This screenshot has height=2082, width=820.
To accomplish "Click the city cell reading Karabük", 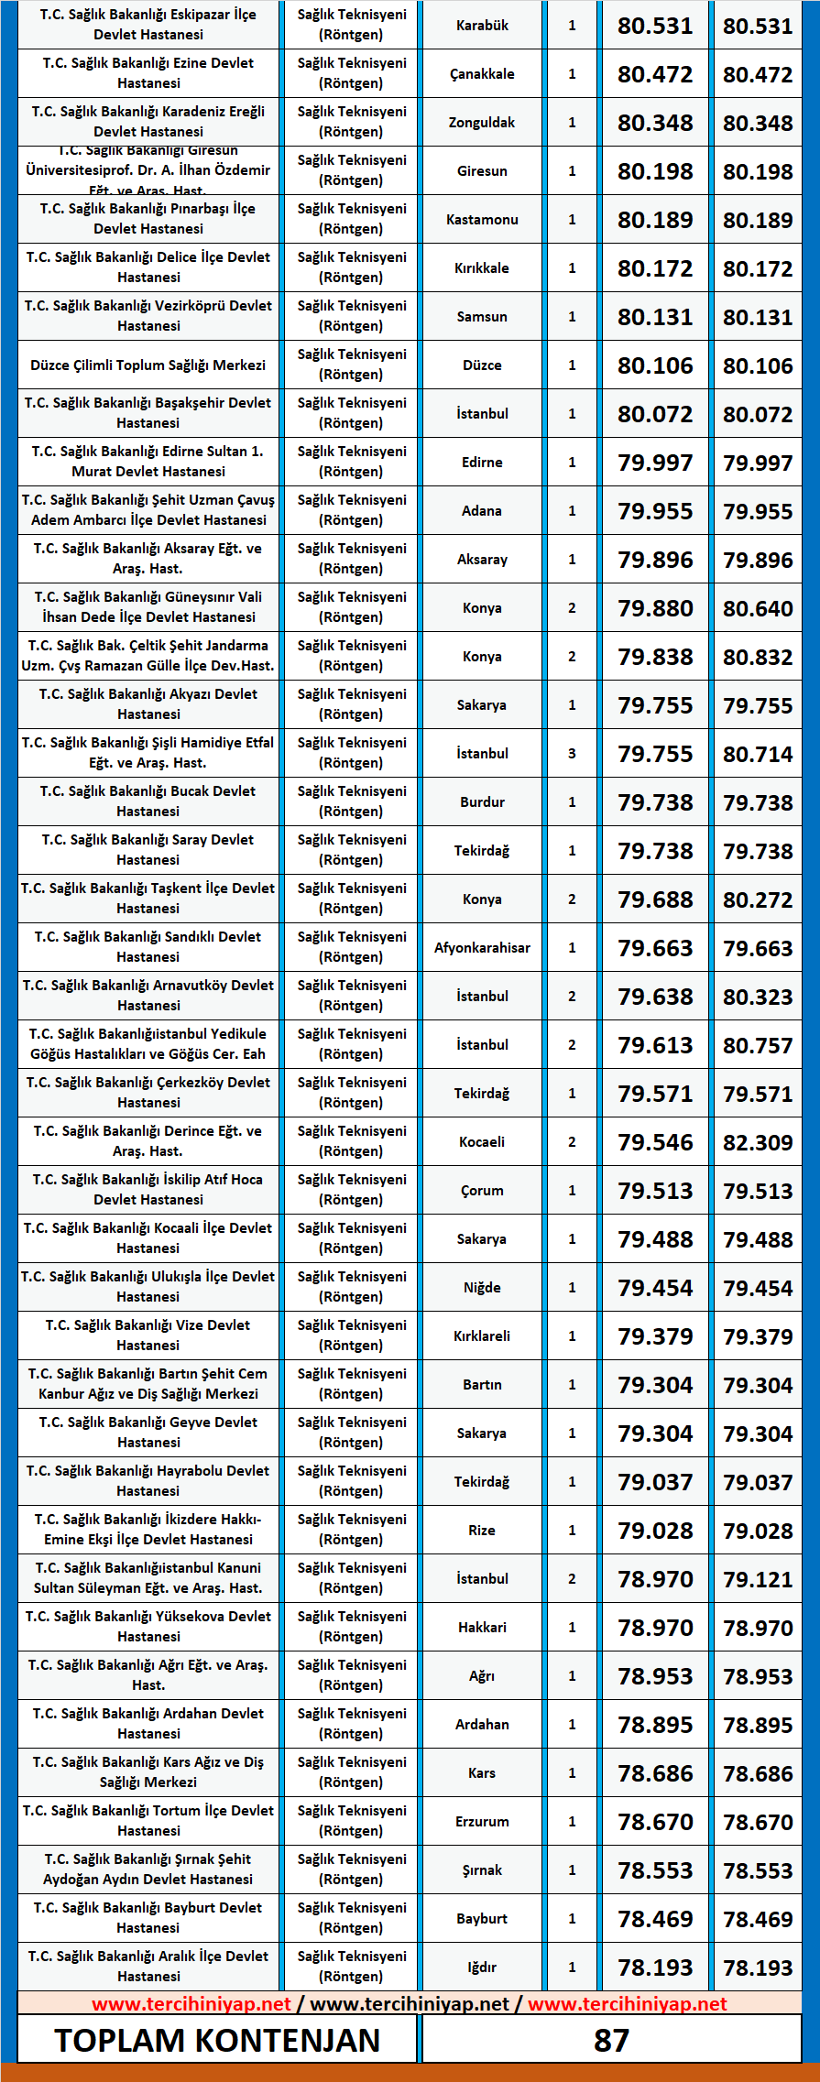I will (x=482, y=26).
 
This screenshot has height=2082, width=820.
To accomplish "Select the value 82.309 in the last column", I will (x=758, y=1142).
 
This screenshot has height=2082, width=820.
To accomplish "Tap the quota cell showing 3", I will (x=572, y=754).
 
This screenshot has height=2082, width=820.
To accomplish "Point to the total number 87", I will (x=611, y=2040).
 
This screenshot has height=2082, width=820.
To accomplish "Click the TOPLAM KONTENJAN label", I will (x=217, y=2040).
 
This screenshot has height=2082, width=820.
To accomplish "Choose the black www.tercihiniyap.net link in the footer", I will (x=409, y=2003).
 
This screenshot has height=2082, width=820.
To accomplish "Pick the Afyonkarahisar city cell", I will (x=482, y=948).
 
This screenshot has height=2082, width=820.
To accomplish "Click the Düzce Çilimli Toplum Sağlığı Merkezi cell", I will (x=148, y=365).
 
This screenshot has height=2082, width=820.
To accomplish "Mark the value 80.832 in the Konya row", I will (x=758, y=657).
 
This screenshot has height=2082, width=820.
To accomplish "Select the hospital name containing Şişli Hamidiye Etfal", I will (x=148, y=753).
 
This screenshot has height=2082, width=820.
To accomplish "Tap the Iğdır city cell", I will (x=482, y=1968).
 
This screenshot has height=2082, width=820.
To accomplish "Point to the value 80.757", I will (x=758, y=1045).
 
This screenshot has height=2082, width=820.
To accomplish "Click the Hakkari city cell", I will (x=482, y=1628).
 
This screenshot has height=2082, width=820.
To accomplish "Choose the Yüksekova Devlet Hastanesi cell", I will (x=148, y=1627).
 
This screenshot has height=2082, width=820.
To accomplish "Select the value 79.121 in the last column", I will (x=758, y=1579).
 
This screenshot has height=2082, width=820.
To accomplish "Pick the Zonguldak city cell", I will (x=482, y=123).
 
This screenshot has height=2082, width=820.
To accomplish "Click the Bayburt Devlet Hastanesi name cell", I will (x=148, y=1918).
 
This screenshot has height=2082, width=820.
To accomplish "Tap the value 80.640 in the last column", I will (x=758, y=608).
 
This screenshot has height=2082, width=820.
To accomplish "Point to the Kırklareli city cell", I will (x=482, y=1336).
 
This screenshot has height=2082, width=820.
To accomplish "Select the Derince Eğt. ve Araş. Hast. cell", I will (x=148, y=1141).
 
